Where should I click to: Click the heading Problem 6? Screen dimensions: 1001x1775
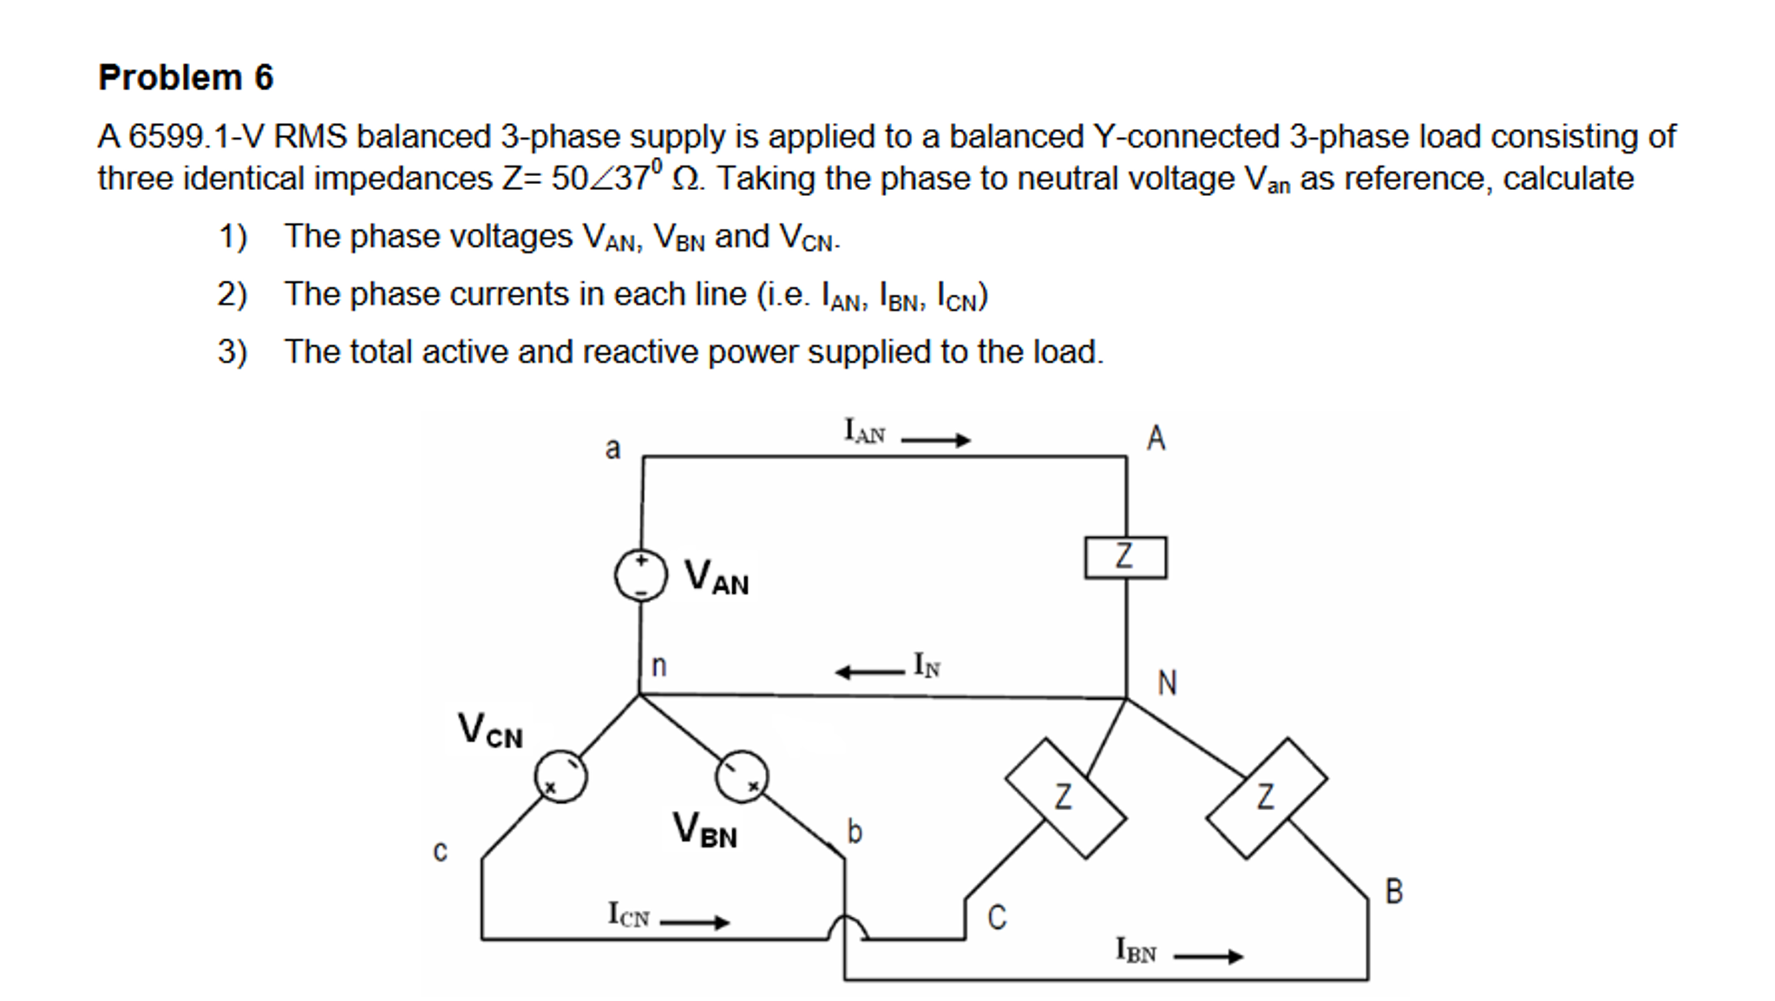tap(186, 77)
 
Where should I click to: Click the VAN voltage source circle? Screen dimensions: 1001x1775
tap(640, 576)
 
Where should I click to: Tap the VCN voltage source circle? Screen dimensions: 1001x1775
tap(560, 776)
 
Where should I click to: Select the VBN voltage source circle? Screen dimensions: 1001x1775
tap(742, 776)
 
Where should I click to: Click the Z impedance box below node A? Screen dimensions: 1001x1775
tap(1125, 557)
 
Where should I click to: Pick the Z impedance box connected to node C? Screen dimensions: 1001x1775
tap(1065, 798)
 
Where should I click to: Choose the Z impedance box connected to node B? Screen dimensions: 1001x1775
tap(1266, 798)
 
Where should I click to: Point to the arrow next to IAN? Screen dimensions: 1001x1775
tap(935, 441)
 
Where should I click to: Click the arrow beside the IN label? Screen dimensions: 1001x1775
tap(868, 671)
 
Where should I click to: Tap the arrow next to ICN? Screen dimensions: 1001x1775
tap(694, 922)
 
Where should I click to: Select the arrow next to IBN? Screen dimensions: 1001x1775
tap(1208, 957)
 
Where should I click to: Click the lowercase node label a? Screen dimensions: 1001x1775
tap(612, 449)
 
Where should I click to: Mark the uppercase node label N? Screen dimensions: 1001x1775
tap(1167, 684)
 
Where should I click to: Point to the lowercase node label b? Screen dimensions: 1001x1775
tap(855, 832)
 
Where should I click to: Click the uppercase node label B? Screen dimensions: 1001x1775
tap(1393, 892)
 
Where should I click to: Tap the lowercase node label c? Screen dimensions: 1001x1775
tap(440, 852)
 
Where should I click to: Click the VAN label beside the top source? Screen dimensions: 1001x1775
tap(716, 578)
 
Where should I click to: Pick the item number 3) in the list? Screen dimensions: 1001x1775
tap(232, 352)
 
